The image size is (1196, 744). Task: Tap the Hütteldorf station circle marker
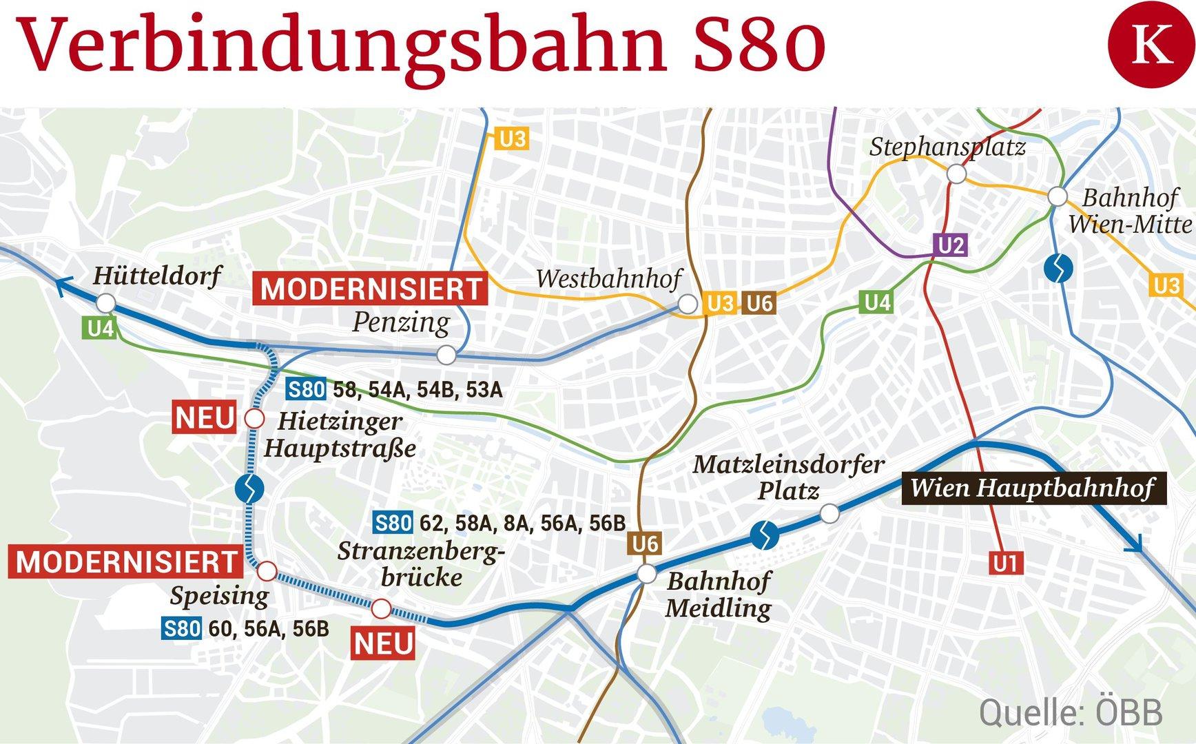pyautogui.click(x=105, y=303)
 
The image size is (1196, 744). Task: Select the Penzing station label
pyautogui.click(x=401, y=322)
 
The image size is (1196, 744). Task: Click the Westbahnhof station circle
pyautogui.click(x=687, y=304)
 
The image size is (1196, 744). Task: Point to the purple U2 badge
pyautogui.click(x=951, y=245)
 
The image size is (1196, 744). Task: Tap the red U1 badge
pyautogui.click(x=1005, y=564)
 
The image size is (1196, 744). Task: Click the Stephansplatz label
pyautogui.click(x=947, y=147)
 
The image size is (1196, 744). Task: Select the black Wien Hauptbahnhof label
pyautogui.click(x=1033, y=488)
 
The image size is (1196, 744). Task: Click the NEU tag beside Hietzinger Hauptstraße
pyautogui.click(x=205, y=418)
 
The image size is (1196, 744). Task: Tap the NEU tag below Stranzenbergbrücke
pyautogui.click(x=383, y=644)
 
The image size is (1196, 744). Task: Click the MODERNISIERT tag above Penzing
pyautogui.click(x=371, y=289)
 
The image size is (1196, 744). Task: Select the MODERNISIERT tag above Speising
pyautogui.click(x=127, y=562)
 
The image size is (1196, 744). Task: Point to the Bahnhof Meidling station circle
pyautogui.click(x=646, y=573)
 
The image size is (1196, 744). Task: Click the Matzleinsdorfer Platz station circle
pyautogui.click(x=829, y=513)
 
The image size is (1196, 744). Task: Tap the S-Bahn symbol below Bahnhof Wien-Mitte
pyautogui.click(x=1058, y=268)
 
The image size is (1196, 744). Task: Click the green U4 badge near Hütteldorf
pyautogui.click(x=101, y=329)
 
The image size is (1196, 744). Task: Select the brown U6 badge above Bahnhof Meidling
pyautogui.click(x=645, y=544)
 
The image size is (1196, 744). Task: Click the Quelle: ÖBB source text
pyautogui.click(x=1070, y=712)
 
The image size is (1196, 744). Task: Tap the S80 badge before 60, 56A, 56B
pyautogui.click(x=182, y=628)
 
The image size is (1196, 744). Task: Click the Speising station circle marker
pyautogui.click(x=267, y=571)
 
